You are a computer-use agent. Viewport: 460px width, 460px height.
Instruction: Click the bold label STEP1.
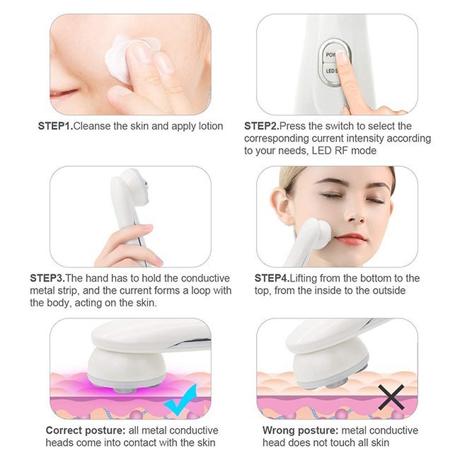pos(54,127)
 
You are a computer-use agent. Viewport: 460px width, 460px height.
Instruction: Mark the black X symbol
pos(391,397)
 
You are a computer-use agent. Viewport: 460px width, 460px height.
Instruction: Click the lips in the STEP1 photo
pos(64,96)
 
